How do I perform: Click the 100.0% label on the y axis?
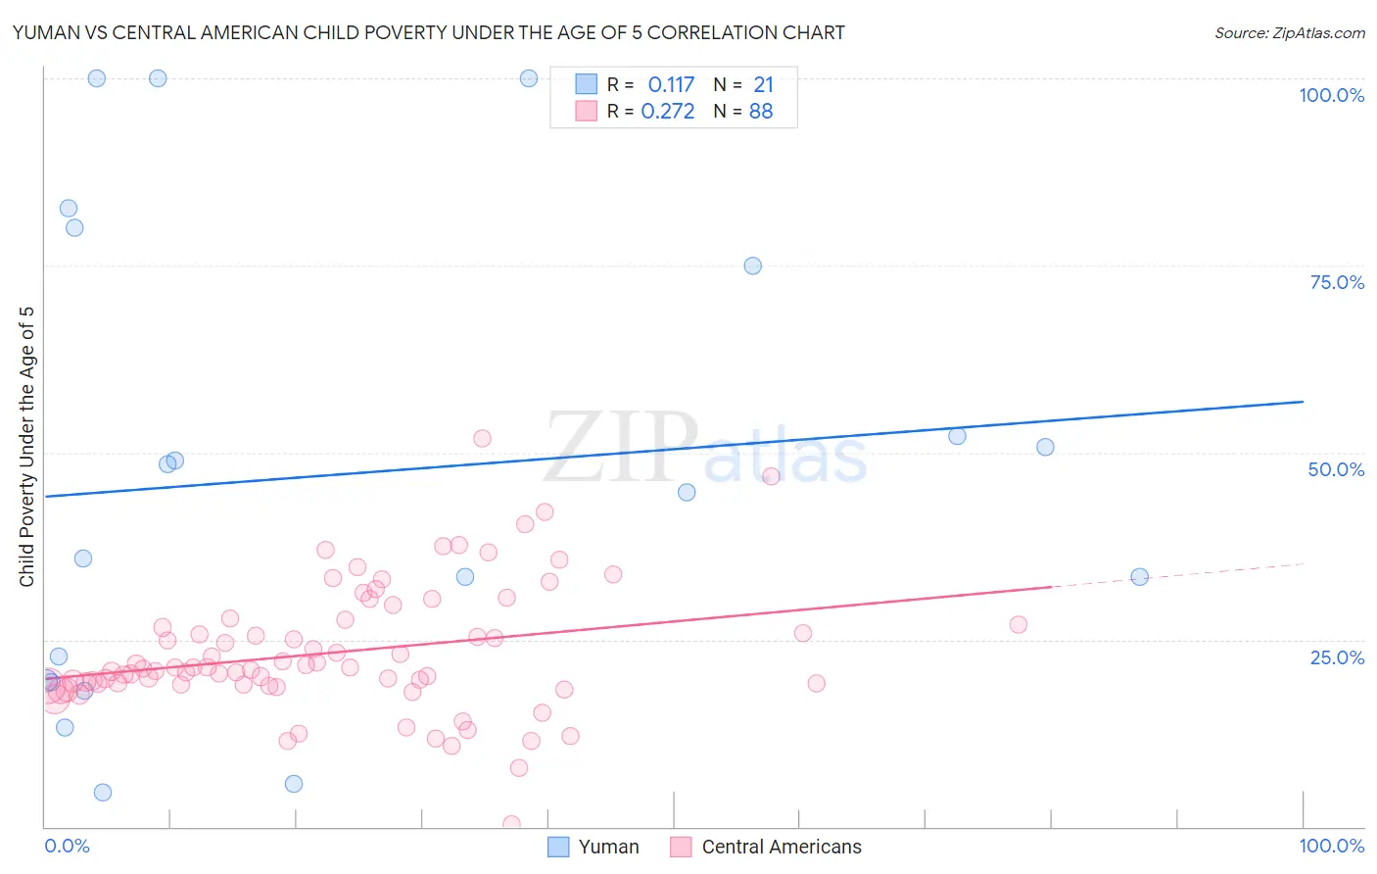click(1331, 95)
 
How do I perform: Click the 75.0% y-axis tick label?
click(1337, 282)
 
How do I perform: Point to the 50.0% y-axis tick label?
click(1336, 469)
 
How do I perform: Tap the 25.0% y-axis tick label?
click(1337, 657)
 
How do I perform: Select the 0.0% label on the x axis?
click(67, 846)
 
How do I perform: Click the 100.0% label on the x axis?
click(1331, 846)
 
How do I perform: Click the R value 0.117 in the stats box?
click(671, 85)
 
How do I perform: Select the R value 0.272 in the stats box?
click(668, 112)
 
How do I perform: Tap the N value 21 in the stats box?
click(764, 85)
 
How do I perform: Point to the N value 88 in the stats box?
click(761, 112)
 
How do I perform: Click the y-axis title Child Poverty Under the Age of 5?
click(27, 447)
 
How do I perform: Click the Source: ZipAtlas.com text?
click(1289, 33)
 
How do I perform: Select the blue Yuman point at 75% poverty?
click(752, 266)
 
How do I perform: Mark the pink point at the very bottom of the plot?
click(511, 824)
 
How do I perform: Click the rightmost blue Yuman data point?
click(1139, 577)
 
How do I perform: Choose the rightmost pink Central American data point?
click(1019, 624)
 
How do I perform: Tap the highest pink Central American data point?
click(482, 438)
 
